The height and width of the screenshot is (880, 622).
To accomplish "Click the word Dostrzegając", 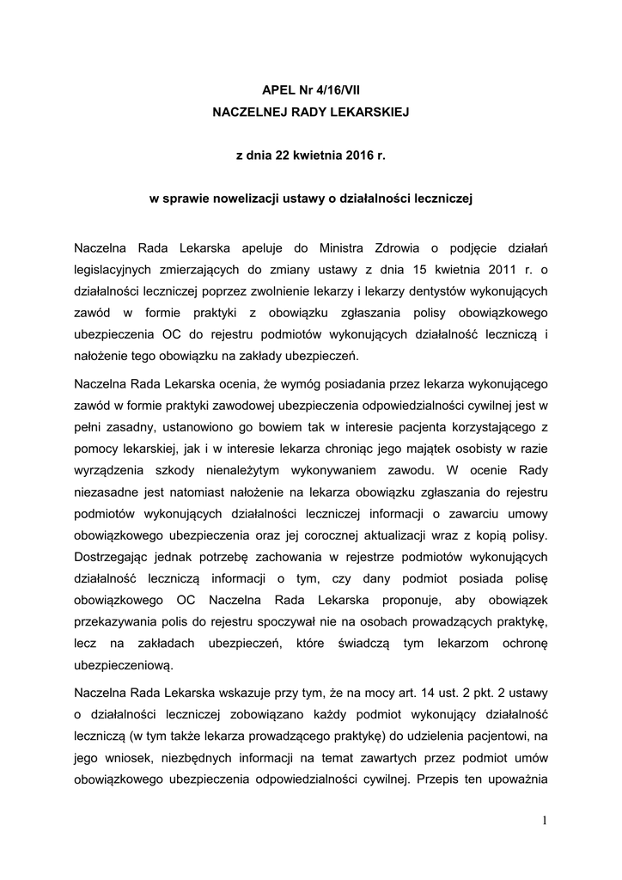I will tap(114, 559).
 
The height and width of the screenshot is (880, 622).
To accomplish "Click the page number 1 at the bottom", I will tap(544, 820).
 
